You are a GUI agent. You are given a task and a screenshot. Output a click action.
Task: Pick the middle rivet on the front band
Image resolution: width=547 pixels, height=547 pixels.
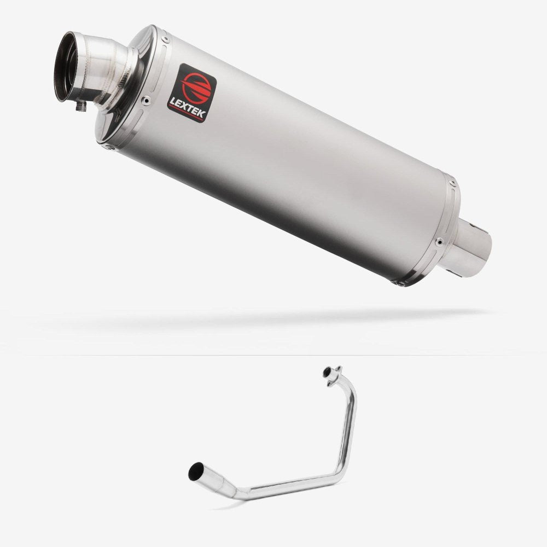(146, 100)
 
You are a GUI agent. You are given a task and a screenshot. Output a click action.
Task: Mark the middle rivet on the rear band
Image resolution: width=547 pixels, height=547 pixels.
(438, 241)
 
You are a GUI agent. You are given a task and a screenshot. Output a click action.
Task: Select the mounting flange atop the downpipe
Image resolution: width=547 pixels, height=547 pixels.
(331, 374)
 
